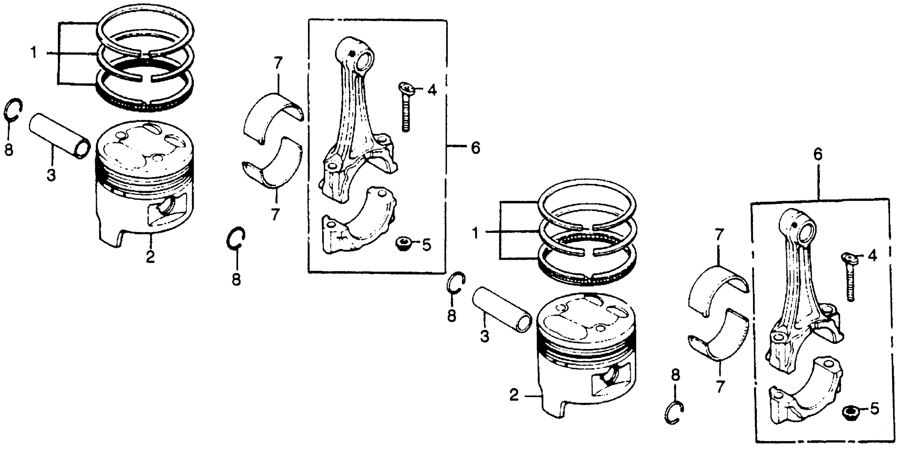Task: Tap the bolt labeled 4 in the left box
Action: click(405, 109)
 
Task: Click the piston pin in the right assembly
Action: click(501, 309)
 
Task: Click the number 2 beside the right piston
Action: click(514, 395)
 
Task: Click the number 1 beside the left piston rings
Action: click(34, 54)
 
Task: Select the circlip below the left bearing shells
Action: click(236, 239)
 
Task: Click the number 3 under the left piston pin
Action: click(51, 174)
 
